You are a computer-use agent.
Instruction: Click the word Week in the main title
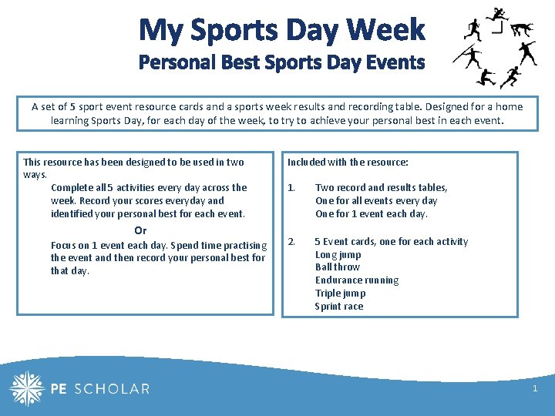tap(385, 30)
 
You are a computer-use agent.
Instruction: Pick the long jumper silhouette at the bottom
tap(486, 78)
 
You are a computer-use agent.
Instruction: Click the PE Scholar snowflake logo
tap(27, 388)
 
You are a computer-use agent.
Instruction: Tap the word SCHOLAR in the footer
tap(113, 389)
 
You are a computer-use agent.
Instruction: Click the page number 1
tap(535, 389)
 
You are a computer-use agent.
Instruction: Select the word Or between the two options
tap(140, 230)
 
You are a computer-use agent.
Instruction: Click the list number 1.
tap(291, 187)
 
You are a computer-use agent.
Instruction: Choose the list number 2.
tap(291, 241)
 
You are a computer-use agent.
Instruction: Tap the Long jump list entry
tap(338, 254)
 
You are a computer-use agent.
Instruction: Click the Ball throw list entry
tap(337, 267)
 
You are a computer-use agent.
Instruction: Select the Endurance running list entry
tap(356, 280)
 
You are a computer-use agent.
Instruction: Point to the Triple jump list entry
tap(340, 294)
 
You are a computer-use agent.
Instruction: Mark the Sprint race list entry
tap(338, 307)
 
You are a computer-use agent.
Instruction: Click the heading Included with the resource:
tap(348, 163)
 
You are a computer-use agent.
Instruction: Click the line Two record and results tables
tap(381, 187)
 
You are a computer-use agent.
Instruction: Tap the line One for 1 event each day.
tap(371, 214)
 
